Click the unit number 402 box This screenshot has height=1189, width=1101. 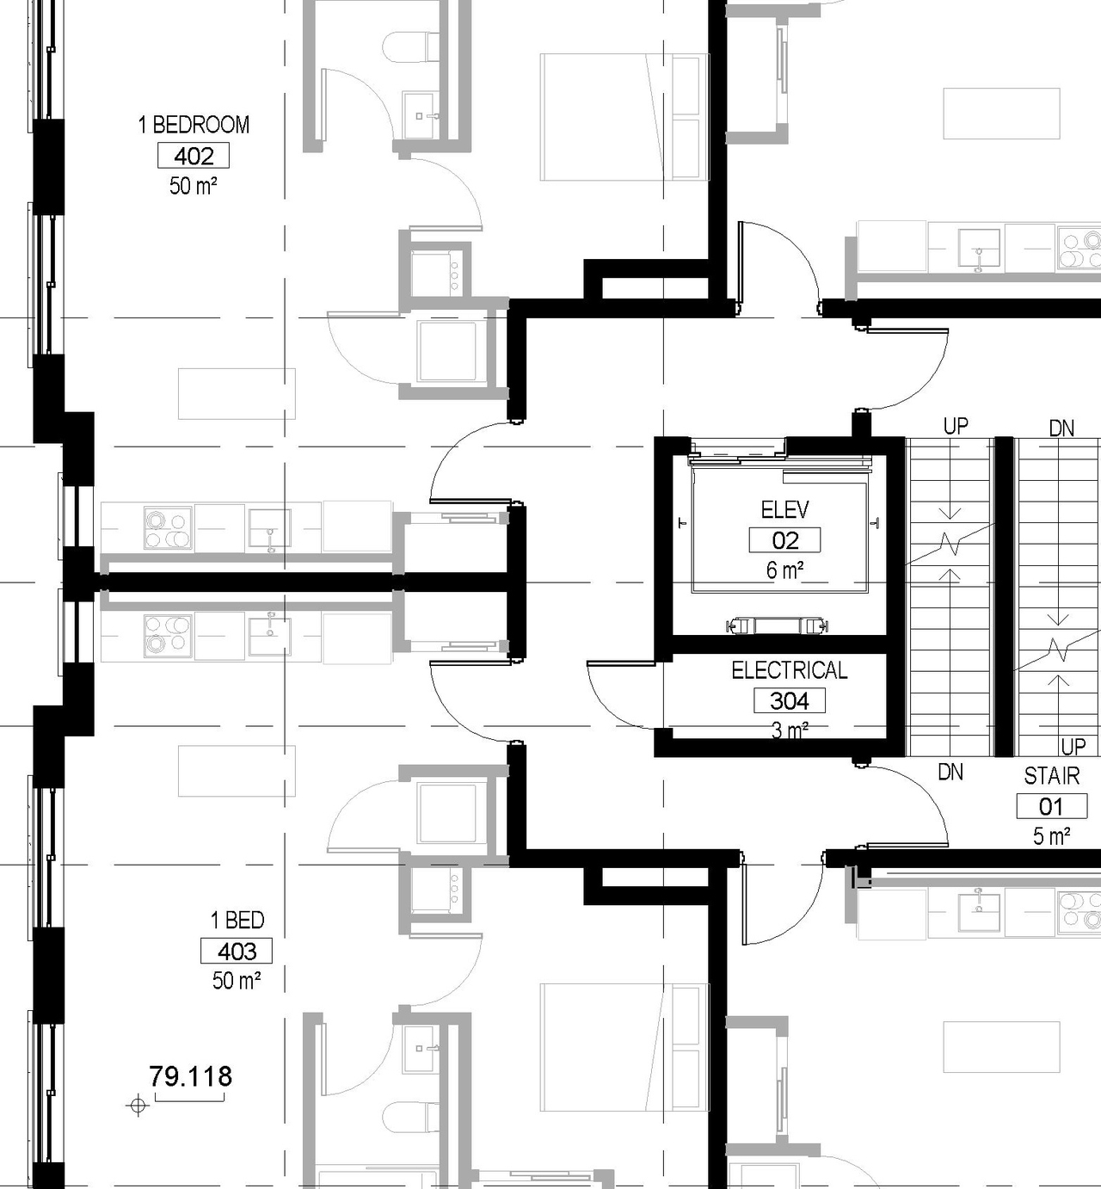(194, 156)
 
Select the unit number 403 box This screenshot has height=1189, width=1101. (237, 951)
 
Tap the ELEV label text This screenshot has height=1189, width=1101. (784, 510)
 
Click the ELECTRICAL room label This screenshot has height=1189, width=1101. (789, 670)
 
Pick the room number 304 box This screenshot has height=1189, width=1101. (789, 700)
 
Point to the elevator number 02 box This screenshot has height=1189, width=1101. (784, 540)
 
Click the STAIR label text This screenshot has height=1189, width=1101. (1051, 776)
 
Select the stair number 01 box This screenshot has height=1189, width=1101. (1051, 806)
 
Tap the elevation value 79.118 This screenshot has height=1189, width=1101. (190, 1076)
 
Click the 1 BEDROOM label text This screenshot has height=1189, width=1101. (194, 125)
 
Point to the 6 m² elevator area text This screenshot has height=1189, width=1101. (784, 570)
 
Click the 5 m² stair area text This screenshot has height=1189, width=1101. (1051, 835)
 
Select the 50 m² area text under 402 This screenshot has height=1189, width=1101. (194, 185)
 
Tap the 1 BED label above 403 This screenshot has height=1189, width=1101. (237, 920)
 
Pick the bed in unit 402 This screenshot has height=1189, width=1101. (624, 117)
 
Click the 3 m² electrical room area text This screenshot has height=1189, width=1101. (789, 730)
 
